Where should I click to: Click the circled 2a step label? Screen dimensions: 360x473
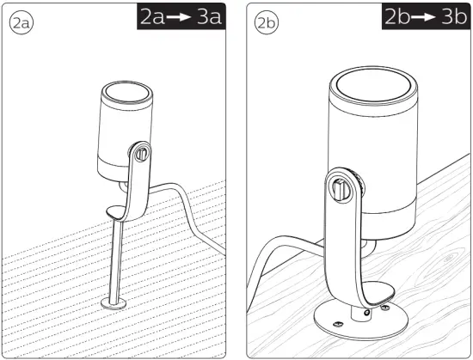pyautogui.click(x=21, y=24)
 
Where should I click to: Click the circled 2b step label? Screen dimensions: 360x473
pyautogui.click(x=267, y=24)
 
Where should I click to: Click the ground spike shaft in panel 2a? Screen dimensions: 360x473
pyautogui.click(x=116, y=258)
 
